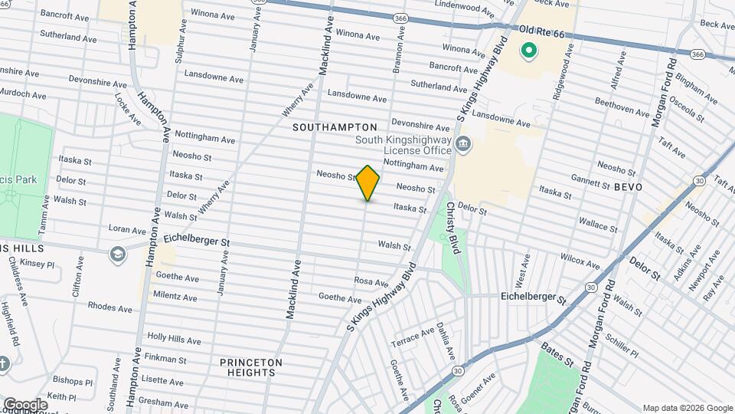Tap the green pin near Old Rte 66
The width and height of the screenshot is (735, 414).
[x=528, y=52]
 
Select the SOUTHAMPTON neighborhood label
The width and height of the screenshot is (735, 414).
[x=335, y=127]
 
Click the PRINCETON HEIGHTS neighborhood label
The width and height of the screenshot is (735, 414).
[x=251, y=367]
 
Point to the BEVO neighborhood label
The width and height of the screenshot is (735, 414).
[x=628, y=187]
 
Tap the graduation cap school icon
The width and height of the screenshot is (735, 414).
[x=117, y=254]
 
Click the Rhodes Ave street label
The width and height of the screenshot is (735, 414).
[x=110, y=307]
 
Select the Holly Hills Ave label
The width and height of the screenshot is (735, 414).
[x=174, y=339]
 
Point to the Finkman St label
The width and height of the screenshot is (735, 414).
[x=166, y=359]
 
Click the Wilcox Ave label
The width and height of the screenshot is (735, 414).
[x=580, y=261]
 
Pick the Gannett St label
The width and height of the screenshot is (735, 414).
[x=590, y=179]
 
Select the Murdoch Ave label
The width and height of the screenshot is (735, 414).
[x=26, y=94]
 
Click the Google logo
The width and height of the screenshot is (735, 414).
[x=25, y=404]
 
